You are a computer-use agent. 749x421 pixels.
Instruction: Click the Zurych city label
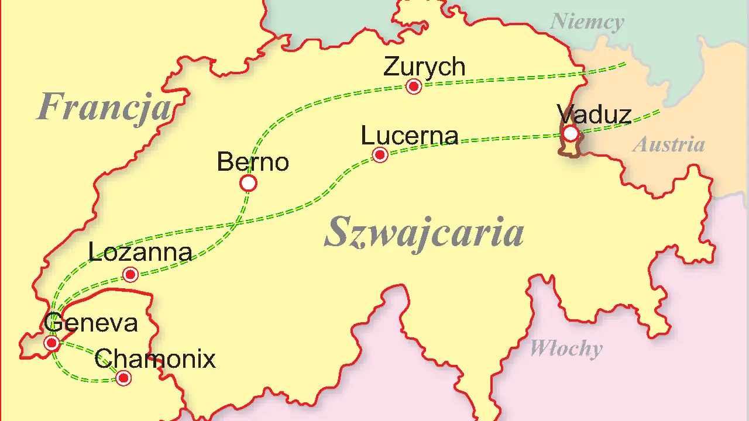point(424,67)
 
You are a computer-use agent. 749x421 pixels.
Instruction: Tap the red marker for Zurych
point(414,87)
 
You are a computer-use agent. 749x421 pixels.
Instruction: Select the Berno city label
point(253,162)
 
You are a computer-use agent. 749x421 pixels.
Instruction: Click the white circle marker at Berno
point(248,184)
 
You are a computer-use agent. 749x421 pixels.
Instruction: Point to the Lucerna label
point(409,136)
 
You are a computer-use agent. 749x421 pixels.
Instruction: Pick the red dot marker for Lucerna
point(380,155)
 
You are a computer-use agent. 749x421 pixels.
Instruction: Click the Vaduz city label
point(594,115)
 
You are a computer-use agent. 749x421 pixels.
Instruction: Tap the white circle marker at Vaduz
point(571,134)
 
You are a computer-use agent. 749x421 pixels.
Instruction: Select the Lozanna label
point(140,252)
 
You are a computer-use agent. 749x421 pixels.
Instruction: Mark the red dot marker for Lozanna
point(130,274)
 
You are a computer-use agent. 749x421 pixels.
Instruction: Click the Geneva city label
point(91,323)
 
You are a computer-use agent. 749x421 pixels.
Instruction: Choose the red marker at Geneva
point(51,343)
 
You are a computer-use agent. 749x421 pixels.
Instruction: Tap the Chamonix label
point(155,358)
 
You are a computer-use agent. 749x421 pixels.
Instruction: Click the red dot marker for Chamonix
point(123,378)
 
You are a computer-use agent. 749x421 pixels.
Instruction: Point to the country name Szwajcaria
point(424,232)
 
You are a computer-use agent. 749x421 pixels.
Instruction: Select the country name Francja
point(104,108)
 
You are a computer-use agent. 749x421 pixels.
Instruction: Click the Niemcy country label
point(587,22)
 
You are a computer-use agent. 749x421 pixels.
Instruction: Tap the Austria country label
point(669,144)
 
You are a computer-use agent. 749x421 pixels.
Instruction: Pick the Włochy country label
point(566,349)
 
